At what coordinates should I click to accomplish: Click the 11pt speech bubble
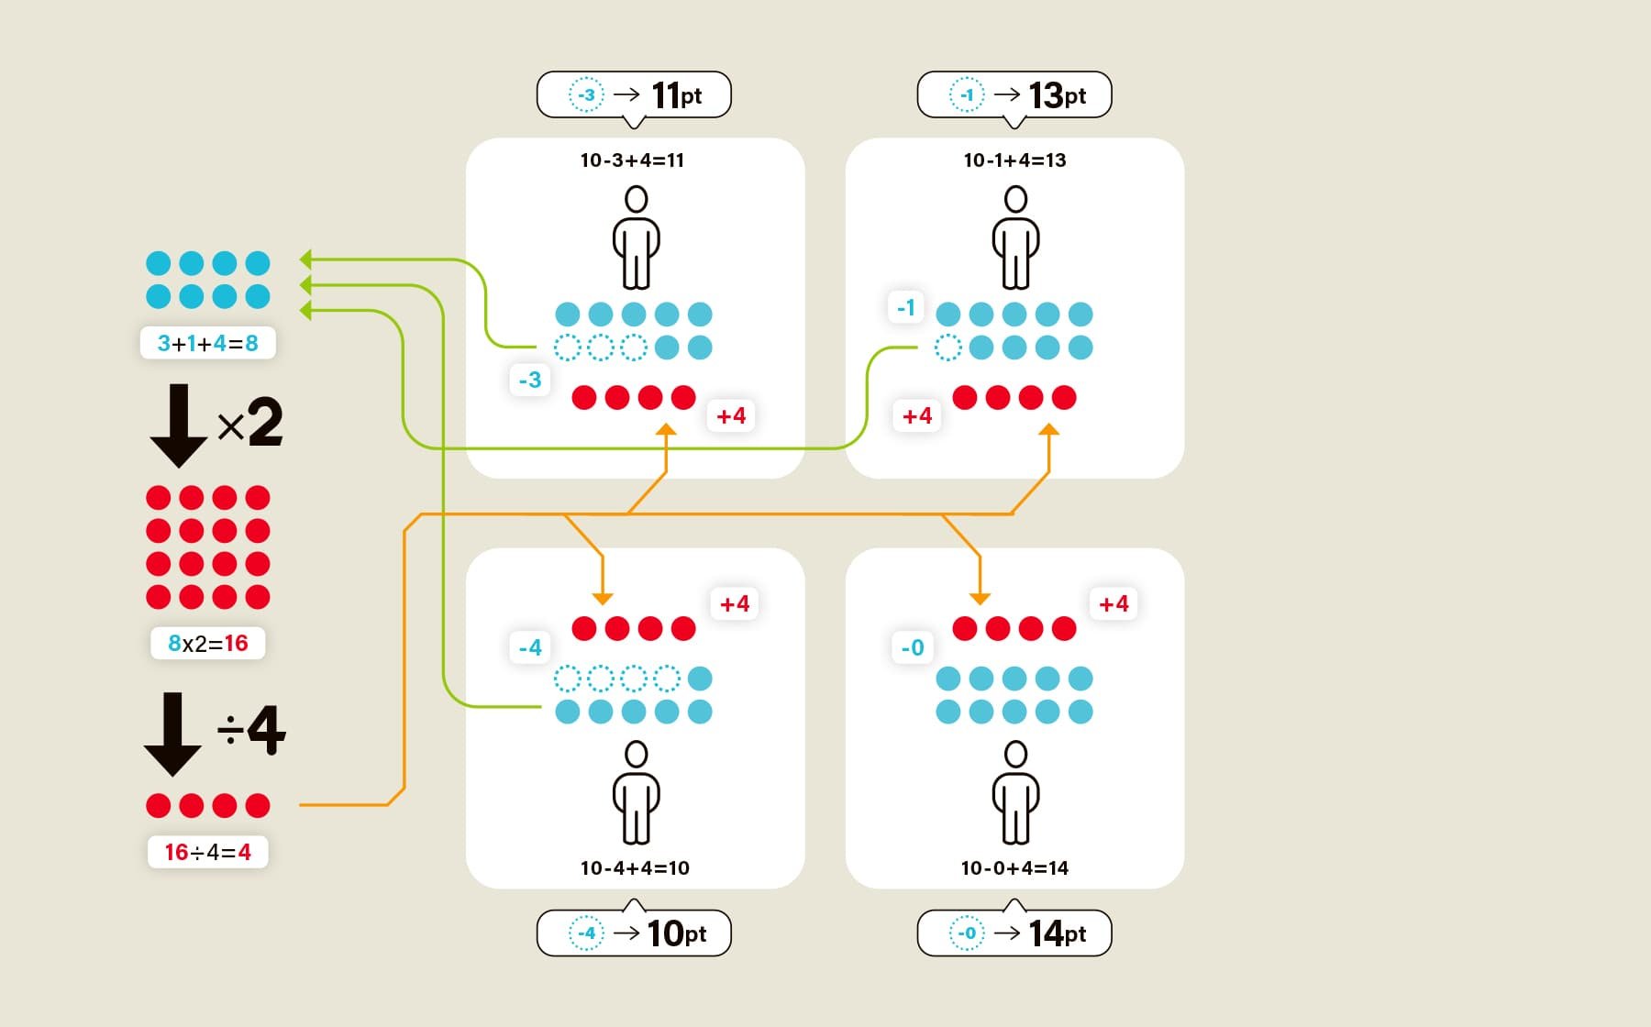[634, 94]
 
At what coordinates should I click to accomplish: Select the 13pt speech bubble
[1014, 94]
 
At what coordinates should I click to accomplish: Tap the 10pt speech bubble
[634, 933]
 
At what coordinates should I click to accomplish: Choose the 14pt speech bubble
[1014, 933]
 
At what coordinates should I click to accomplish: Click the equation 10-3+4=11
[632, 160]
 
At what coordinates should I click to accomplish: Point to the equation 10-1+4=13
[1014, 160]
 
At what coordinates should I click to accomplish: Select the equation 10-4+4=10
[635, 867]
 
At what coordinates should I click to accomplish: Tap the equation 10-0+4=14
[1014, 867]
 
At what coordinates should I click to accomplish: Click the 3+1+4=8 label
[208, 343]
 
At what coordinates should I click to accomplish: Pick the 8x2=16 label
[208, 643]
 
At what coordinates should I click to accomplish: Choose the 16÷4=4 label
[208, 852]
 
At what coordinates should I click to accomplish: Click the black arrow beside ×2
[179, 425]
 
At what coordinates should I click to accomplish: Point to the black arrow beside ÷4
[172, 734]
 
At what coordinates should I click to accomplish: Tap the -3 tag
[530, 380]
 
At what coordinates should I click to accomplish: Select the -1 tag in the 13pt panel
[906, 307]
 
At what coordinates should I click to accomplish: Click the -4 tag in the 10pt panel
[530, 647]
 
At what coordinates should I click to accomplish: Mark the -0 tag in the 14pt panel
[913, 647]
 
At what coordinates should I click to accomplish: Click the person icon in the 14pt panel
[1015, 792]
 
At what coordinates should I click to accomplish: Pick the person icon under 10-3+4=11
[636, 237]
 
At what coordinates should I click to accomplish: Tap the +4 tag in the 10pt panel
[735, 603]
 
